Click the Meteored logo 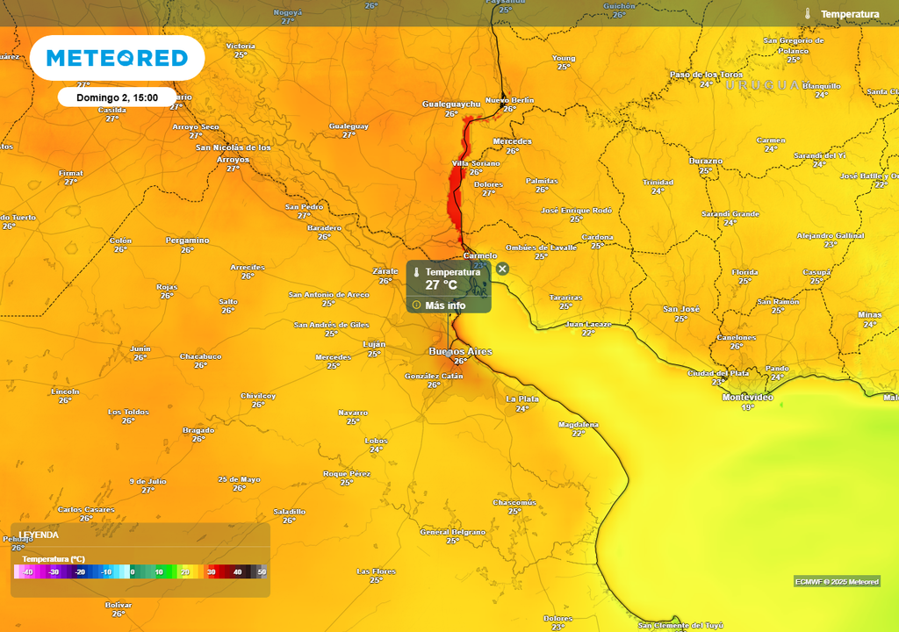click(x=117, y=58)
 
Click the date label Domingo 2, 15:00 click(x=117, y=97)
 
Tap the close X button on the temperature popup click(x=502, y=269)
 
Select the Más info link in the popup click(x=445, y=305)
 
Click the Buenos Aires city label click(x=460, y=352)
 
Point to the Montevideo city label click(x=746, y=398)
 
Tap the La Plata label click(x=522, y=399)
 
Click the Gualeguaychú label click(x=452, y=104)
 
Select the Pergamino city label click(x=188, y=241)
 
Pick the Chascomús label click(x=514, y=502)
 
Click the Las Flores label click(x=376, y=571)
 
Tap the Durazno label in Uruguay click(x=706, y=162)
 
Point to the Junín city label click(x=140, y=348)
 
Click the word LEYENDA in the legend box click(x=40, y=535)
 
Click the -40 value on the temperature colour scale click(x=28, y=572)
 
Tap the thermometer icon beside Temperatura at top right click(x=807, y=14)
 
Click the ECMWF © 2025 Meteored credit click(x=837, y=582)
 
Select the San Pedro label click(x=305, y=207)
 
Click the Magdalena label click(x=579, y=424)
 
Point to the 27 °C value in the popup click(x=442, y=284)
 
